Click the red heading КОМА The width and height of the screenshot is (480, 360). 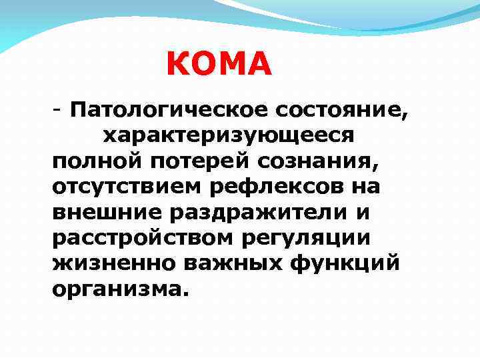pos(219,64)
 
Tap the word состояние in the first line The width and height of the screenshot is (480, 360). pos(335,109)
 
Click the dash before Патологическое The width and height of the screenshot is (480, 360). pos(59,109)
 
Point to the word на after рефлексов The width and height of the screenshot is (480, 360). pos(365,187)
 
